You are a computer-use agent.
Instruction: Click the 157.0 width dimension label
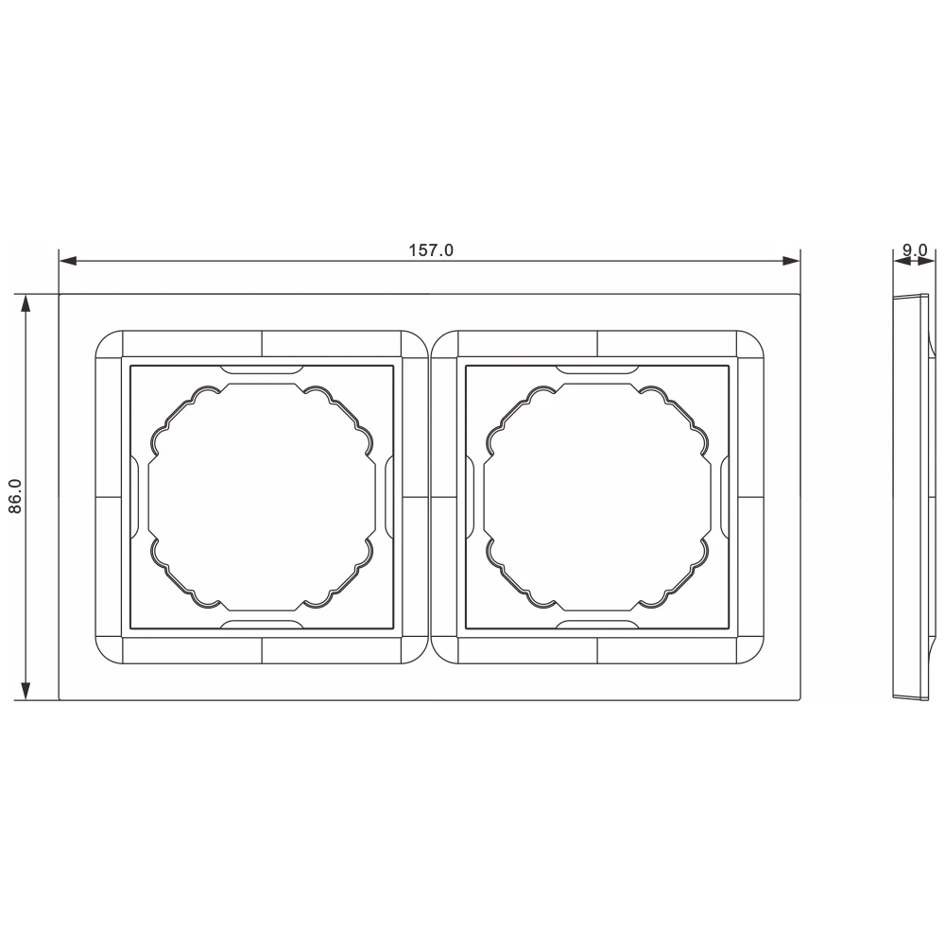[431, 250]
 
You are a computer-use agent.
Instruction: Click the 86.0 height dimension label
[15, 496]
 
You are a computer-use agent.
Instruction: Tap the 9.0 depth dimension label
[915, 249]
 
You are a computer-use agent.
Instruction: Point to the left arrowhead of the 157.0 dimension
[68, 261]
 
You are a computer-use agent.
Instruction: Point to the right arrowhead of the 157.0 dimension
[791, 261]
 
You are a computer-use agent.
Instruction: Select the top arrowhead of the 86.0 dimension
[26, 303]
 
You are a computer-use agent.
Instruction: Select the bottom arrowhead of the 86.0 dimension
[26, 691]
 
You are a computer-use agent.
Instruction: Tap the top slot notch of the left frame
[262, 369]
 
